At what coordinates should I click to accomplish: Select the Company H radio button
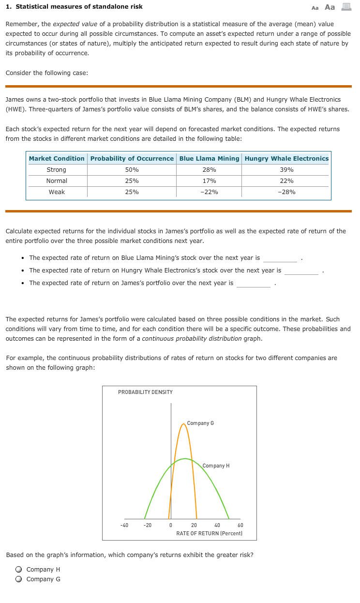18,570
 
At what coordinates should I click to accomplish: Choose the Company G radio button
18,579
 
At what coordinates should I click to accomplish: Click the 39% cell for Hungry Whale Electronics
286,170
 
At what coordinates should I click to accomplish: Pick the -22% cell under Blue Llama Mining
209,192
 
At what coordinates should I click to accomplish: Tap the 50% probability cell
132,170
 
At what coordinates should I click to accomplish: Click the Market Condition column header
57,159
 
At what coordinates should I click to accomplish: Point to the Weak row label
57,192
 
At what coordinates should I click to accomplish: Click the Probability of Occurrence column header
132,159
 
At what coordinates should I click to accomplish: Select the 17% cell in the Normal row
209,181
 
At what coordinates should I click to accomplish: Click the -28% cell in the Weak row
286,192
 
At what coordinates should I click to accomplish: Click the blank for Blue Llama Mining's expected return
280,258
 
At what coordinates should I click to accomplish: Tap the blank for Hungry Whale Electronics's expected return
301,271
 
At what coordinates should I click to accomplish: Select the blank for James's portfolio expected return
254,284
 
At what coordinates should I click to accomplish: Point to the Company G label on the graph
200,423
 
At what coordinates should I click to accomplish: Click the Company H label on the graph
216,466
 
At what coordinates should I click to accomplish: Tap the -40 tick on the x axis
124,526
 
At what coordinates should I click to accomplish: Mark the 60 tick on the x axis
240,526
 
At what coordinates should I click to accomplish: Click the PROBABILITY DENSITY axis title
145,392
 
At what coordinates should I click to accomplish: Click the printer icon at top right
346,7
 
